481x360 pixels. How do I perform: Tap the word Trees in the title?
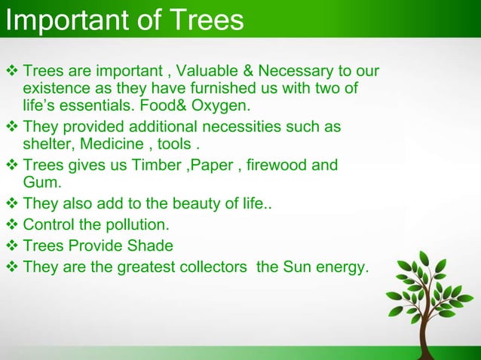point(207,20)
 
